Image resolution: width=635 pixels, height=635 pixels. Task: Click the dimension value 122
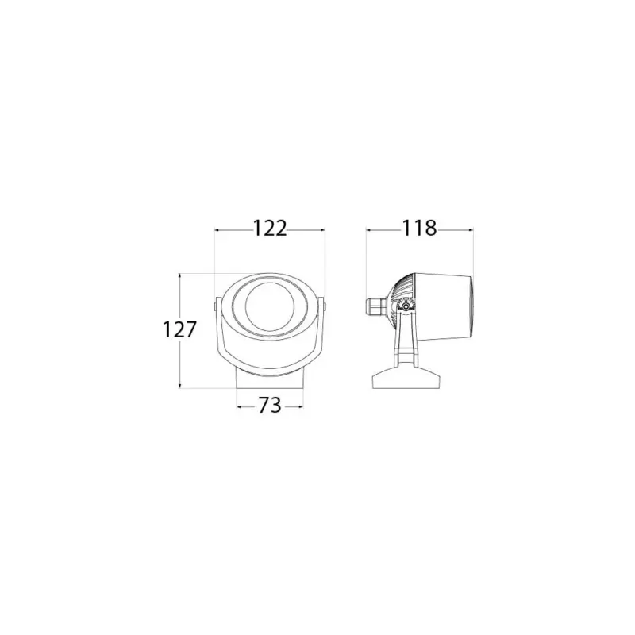pos(270,229)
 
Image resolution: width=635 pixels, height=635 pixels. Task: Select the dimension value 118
pos(419,229)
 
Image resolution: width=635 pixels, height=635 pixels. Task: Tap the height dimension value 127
pos(179,329)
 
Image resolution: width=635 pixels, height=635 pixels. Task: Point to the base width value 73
pos(270,406)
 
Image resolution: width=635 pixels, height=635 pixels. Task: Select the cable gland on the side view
pos(376,306)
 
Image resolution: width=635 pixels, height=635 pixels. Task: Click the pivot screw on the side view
pos(406,307)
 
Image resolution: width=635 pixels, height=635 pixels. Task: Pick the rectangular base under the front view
pos(270,379)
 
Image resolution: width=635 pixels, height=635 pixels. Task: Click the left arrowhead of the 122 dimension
pos(217,230)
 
